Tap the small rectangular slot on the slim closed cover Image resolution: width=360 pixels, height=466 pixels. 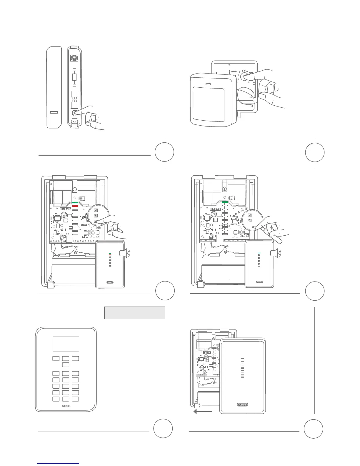tap(54, 112)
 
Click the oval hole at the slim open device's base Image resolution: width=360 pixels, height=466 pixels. tap(74, 121)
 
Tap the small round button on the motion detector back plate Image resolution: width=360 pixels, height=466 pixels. tap(244, 76)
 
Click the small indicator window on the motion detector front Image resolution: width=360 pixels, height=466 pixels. tap(208, 84)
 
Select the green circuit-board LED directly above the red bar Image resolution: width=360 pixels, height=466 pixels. tap(75, 203)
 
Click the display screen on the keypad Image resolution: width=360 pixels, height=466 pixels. tap(66, 344)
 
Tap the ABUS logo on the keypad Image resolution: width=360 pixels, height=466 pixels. tap(66, 406)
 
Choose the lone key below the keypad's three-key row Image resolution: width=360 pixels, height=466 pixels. tap(66, 365)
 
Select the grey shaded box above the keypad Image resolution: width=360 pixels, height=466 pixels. tap(134, 313)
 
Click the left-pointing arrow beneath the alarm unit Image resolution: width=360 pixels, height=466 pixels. tap(203, 412)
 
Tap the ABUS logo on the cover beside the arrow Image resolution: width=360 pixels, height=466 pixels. tap(242, 405)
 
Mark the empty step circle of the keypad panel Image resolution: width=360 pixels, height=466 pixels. tap(163, 429)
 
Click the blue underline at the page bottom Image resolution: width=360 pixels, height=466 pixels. tap(59, 464)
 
